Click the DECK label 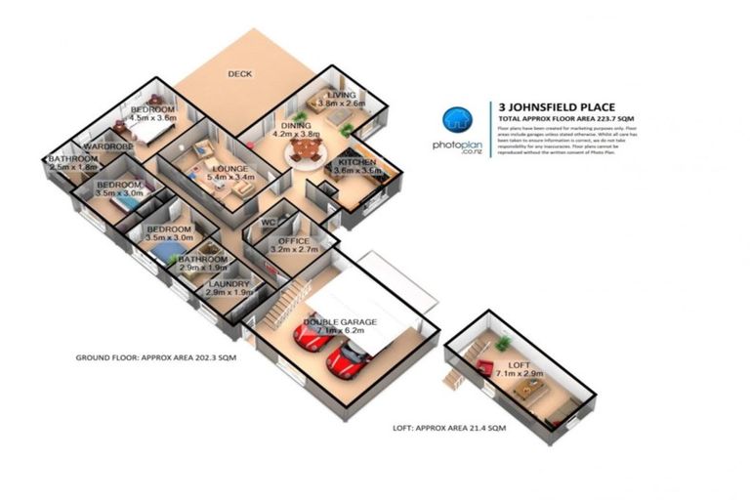coord(240,73)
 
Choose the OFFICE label coord(293,240)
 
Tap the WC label coord(271,223)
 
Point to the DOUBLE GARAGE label coord(338,321)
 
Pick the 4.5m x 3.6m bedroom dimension coord(153,117)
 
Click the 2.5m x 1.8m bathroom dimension coord(74,168)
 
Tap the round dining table coord(309,148)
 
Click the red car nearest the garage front coord(344,364)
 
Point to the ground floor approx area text coord(155,357)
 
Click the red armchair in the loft coord(485,367)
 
